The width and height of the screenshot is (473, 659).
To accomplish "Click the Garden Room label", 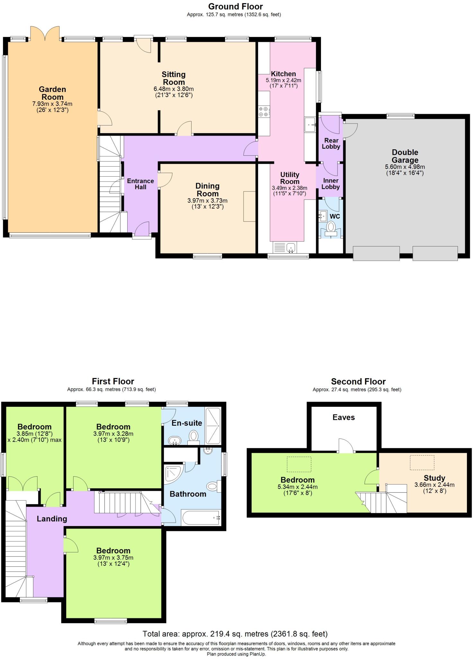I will point(52,93).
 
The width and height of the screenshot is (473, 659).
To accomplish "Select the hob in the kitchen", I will point(264,112).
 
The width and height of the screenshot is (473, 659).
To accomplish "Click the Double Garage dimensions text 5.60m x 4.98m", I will point(405,167).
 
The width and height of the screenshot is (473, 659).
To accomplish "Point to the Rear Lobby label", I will point(331,144).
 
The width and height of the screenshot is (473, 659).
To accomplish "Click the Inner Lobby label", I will point(331,184).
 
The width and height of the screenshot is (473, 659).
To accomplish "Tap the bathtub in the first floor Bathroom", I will point(200,518).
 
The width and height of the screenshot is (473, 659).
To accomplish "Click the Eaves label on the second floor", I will point(344,417).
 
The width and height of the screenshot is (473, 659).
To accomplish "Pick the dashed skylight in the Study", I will point(422,462).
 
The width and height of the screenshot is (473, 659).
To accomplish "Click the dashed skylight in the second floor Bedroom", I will point(299,464).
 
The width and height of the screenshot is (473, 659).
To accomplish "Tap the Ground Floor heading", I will point(235,6).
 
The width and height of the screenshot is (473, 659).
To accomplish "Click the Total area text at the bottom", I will point(235,634).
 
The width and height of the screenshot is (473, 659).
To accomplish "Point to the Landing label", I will point(52,518).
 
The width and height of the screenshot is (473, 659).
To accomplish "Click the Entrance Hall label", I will point(140,184).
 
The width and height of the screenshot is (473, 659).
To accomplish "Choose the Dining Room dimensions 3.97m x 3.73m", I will point(207,200).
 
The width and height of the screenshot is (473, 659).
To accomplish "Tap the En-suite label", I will point(187,423).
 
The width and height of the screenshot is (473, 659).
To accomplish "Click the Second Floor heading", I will point(358,382).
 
